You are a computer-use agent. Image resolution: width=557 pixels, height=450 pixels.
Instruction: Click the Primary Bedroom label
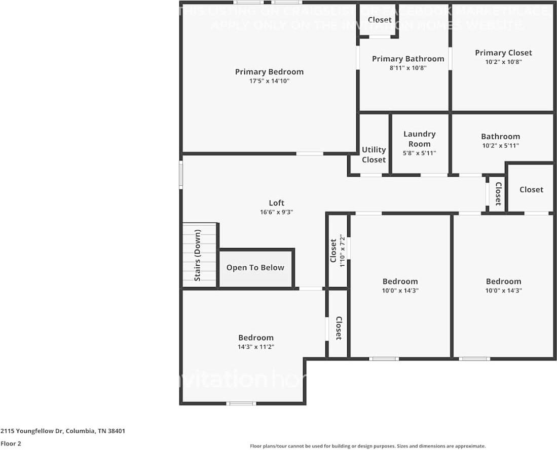point(269,72)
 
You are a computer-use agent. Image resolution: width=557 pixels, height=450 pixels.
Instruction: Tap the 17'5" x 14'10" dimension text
point(269,81)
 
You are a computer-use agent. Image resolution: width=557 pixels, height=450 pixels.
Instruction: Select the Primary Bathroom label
point(407,59)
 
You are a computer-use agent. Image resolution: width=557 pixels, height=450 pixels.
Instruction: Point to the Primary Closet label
point(503,53)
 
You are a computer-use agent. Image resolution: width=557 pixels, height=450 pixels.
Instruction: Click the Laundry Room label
point(419,139)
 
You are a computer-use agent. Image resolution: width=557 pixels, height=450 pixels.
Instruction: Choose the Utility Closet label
point(374,154)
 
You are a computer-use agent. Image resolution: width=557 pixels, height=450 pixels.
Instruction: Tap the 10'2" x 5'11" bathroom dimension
point(500,146)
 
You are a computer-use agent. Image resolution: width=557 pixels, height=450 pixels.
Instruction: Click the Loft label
point(276,203)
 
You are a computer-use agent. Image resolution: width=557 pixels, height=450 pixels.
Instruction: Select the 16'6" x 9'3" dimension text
point(276,212)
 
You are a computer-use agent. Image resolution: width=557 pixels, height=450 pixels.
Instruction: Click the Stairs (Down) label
point(198,255)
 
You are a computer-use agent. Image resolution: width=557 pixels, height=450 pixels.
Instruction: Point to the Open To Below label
point(255,268)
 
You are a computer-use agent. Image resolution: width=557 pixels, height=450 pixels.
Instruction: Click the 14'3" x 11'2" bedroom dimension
point(256,347)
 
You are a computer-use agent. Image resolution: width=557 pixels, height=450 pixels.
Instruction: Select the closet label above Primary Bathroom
point(379,20)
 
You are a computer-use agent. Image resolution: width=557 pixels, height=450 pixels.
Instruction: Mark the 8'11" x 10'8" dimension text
point(407,68)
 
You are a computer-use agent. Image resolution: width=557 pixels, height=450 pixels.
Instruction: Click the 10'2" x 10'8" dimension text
point(503,62)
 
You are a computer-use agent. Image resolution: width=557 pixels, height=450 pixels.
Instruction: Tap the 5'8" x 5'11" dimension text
point(419,153)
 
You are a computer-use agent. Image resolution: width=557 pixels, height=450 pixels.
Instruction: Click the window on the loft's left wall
point(181,175)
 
